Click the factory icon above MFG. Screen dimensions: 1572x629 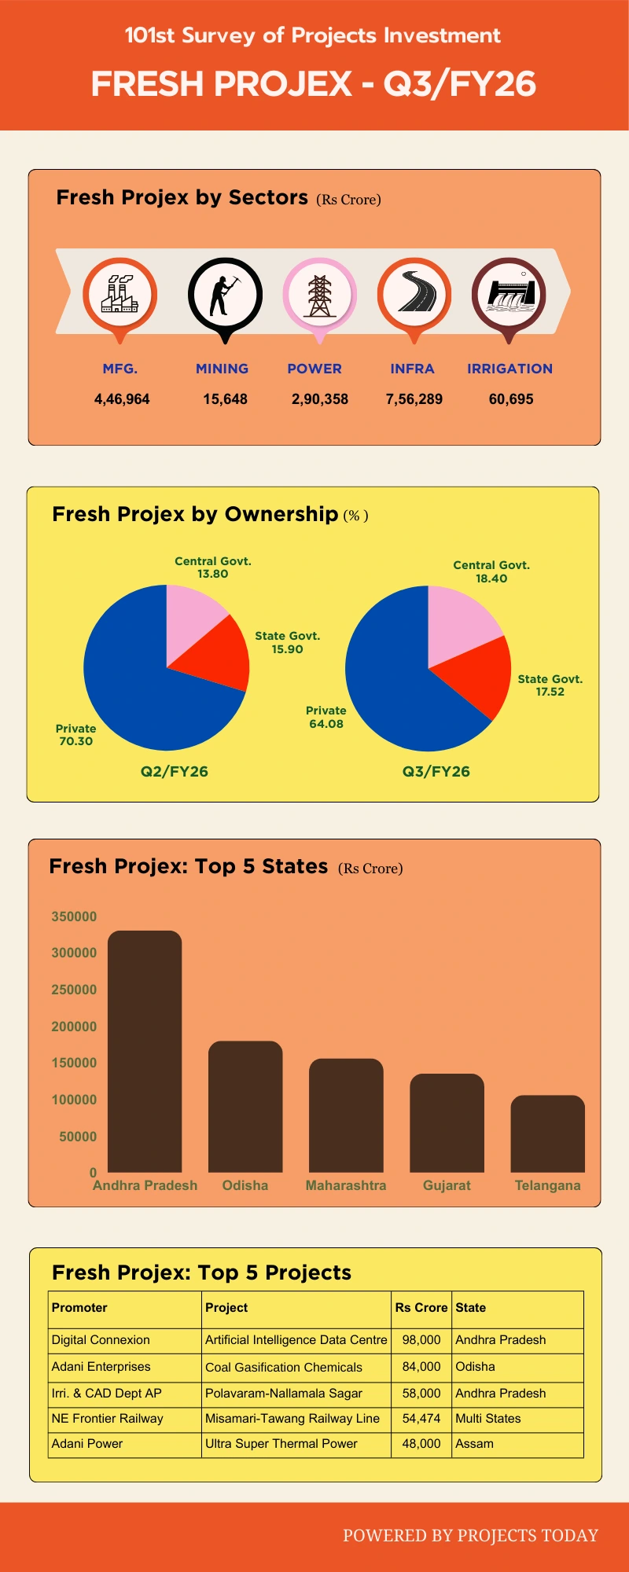coord(120,295)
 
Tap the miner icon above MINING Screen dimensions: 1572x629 coord(225,295)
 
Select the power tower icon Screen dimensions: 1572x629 coord(319,295)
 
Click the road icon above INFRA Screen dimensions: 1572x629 coord(414,295)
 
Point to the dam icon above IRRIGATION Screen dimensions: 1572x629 coord(509,295)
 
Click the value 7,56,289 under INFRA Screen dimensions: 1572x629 coord(414,399)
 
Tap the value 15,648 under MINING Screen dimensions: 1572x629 coord(225,399)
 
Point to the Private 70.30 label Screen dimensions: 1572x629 coord(75,735)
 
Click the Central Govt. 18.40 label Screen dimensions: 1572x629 coord(491,571)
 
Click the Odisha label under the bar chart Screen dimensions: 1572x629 coord(245,1185)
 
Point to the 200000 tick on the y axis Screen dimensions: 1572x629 coord(74,1027)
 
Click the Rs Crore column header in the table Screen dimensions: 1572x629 coord(421,1308)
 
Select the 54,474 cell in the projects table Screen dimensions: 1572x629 coord(421,1419)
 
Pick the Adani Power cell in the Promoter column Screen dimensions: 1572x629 coord(87,1444)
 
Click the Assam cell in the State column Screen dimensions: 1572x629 coord(474,1444)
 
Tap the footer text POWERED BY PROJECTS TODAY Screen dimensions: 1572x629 coord(470,1536)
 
